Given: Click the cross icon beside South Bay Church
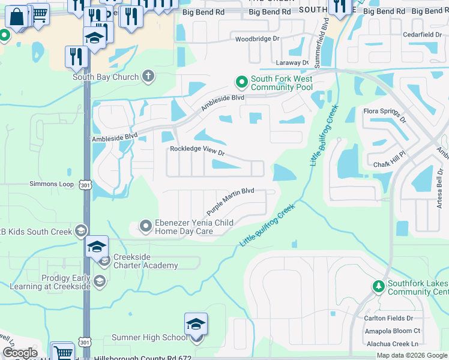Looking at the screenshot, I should [148, 76].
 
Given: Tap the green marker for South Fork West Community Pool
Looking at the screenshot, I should [241, 82].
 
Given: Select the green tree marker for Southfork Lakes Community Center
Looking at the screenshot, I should [378, 286].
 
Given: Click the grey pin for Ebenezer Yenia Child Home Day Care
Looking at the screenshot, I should [145, 226].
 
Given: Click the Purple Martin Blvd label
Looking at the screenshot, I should [231, 202].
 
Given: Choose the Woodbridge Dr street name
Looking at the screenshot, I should [258, 39].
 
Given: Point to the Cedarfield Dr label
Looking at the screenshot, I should [422, 35].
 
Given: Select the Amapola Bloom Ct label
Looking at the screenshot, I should [392, 331].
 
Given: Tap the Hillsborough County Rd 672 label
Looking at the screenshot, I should [143, 357].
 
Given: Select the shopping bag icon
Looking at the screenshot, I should [19, 18].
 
